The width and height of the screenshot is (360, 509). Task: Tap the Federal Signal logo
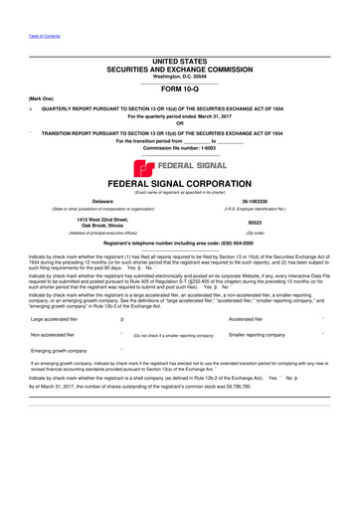[180, 166]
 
